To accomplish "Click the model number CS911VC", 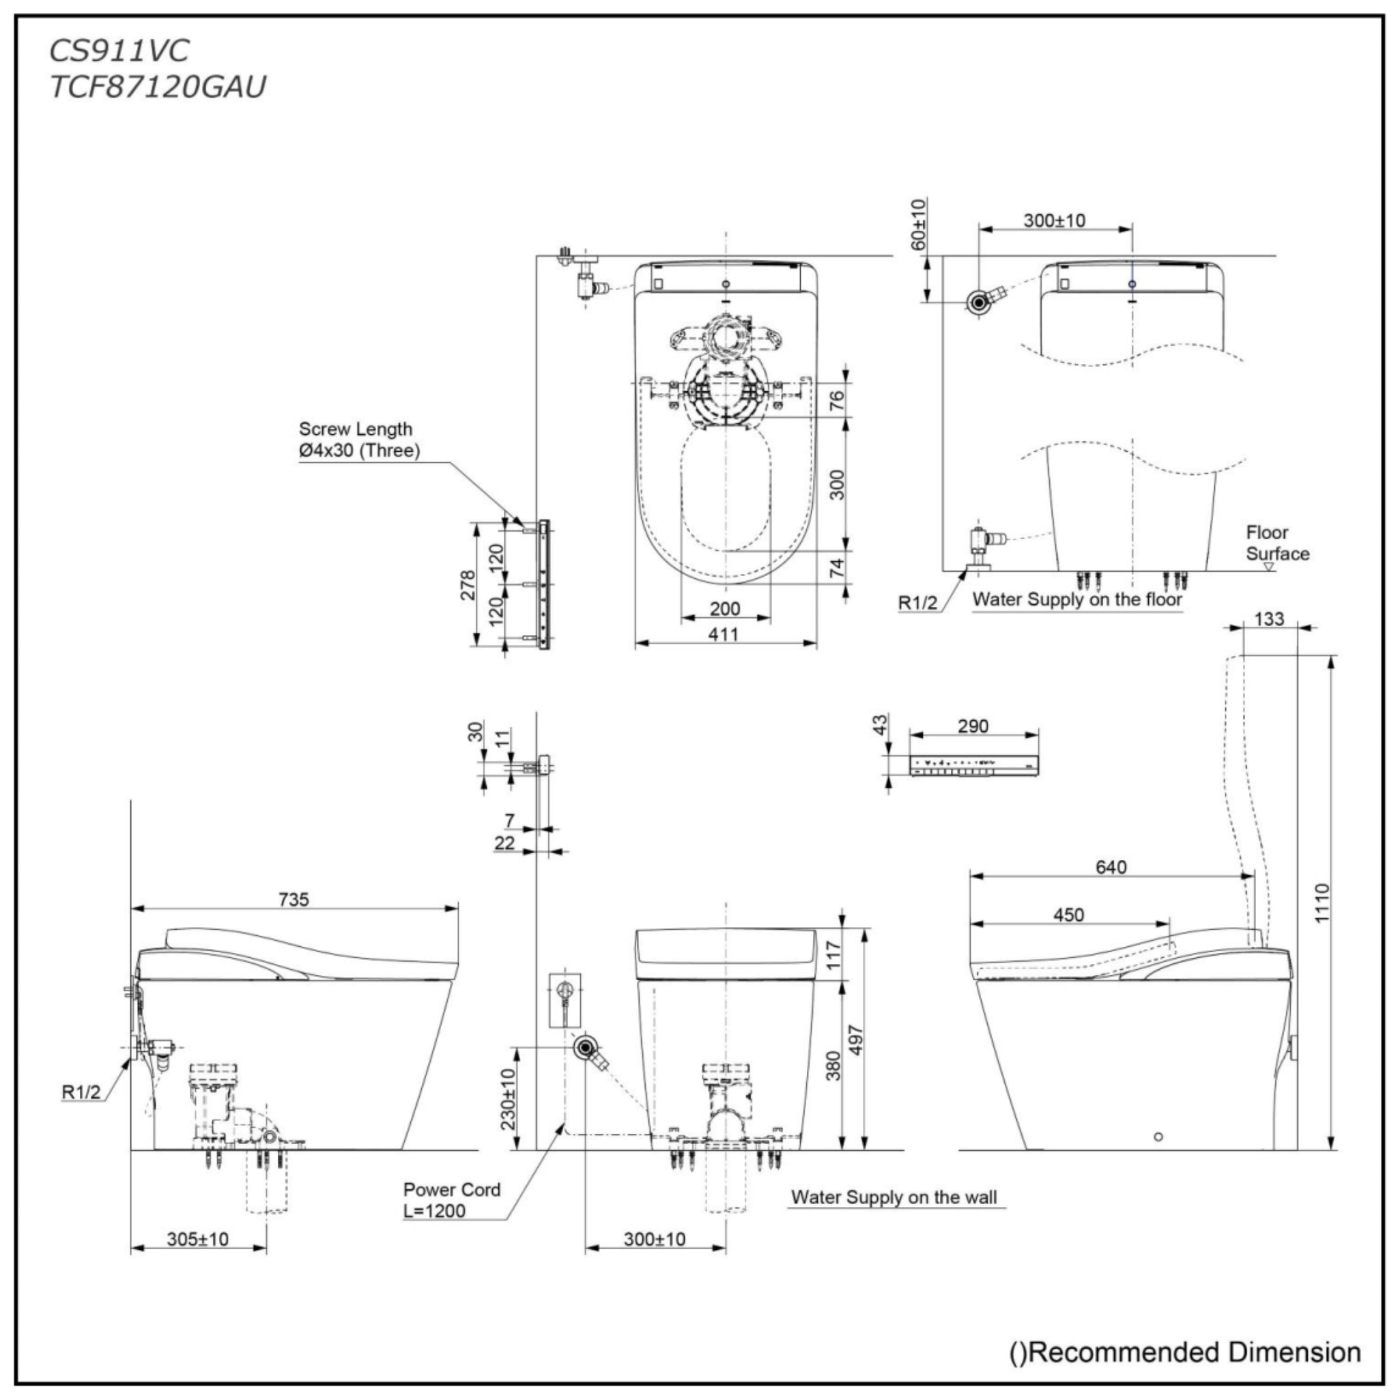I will (x=119, y=51).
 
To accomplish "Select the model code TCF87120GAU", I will (x=158, y=87).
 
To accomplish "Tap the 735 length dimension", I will (x=294, y=900).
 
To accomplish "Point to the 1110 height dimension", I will (x=1322, y=902).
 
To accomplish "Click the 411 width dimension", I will (x=724, y=635).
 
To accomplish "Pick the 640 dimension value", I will (x=1111, y=867).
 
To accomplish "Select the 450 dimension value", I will (x=1068, y=915).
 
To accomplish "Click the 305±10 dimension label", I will (x=197, y=1240).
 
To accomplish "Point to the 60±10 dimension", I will (x=918, y=225).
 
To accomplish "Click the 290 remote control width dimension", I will (x=973, y=726).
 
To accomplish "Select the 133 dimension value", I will (x=1269, y=618).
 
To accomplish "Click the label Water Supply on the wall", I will (x=894, y=1197).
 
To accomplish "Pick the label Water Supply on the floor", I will (x=1076, y=599).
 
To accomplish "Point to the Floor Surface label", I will (x=1277, y=543).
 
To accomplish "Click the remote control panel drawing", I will (x=974, y=765).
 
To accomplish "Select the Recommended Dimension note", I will (x=1185, y=1352).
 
